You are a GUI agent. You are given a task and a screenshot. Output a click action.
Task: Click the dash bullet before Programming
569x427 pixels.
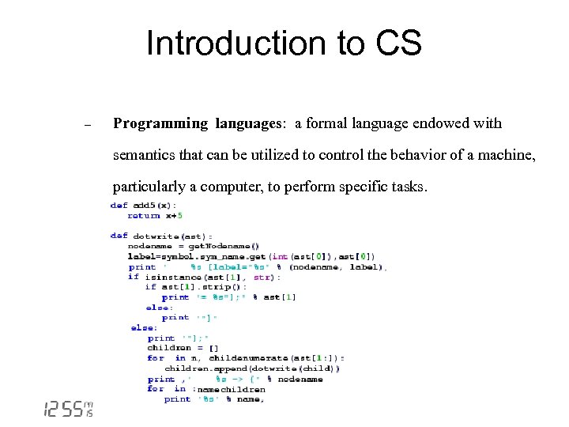click(x=89, y=125)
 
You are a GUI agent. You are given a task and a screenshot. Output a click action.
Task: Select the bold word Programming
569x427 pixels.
click(x=158, y=123)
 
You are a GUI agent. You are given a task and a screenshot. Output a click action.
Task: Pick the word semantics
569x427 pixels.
click(x=144, y=155)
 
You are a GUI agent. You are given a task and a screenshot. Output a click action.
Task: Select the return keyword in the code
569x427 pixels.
click(x=144, y=215)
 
